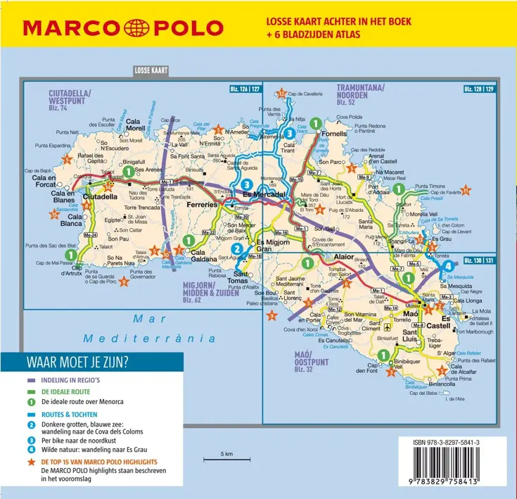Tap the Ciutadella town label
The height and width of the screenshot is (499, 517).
[100, 198]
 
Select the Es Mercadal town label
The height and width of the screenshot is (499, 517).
[263, 194]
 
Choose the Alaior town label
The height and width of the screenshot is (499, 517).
[343, 258]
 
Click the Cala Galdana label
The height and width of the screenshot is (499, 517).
[203, 255]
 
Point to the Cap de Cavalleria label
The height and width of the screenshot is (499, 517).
[305, 94]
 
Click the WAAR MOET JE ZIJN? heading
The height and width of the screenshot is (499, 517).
[77, 362]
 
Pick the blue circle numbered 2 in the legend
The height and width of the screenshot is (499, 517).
[32, 424]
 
